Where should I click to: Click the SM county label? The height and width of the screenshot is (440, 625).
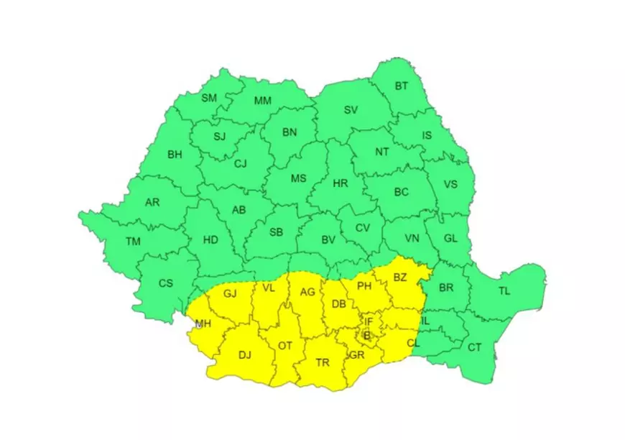208,98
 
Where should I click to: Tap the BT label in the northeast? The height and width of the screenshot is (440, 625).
401,86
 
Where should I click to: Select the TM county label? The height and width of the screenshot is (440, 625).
133,242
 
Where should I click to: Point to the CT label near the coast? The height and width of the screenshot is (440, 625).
475,347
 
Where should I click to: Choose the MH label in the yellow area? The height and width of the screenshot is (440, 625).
203,324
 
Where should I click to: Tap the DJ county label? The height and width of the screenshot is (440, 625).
245,354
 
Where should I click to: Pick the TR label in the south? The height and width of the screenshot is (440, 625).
323,363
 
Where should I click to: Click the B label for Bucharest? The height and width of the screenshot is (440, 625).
366,335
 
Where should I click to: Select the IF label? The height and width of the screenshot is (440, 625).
369,321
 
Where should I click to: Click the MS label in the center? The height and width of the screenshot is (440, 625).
298,178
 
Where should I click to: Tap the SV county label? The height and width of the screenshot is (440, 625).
351,110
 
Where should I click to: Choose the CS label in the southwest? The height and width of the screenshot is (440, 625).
166,283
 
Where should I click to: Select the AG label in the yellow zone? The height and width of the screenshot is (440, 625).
307,292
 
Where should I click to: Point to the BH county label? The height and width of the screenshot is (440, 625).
175,155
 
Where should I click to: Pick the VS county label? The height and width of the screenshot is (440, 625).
450,184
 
